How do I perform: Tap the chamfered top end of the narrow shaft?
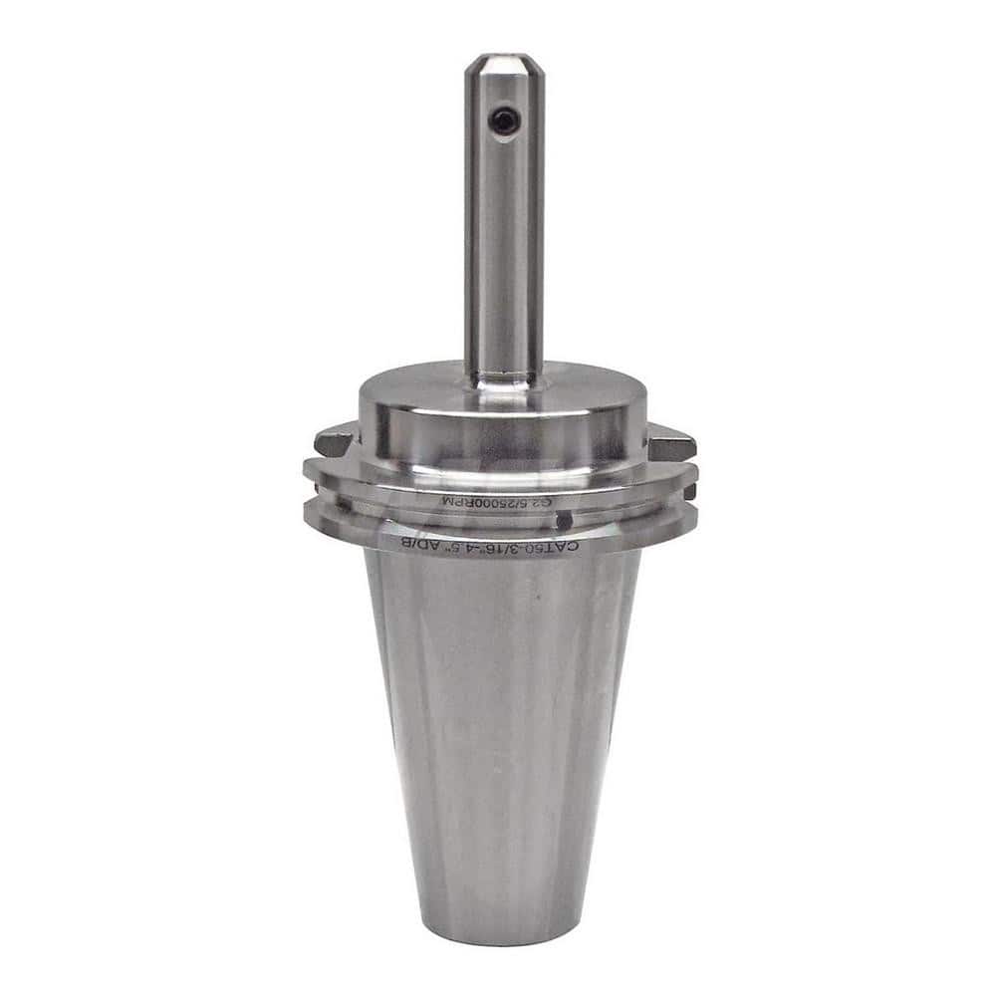click(x=504, y=65)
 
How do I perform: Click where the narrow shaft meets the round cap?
click(x=504, y=376)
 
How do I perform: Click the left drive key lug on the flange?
click(x=334, y=438)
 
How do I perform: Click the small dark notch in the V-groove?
click(x=564, y=520)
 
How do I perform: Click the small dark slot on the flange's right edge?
click(x=688, y=491)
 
